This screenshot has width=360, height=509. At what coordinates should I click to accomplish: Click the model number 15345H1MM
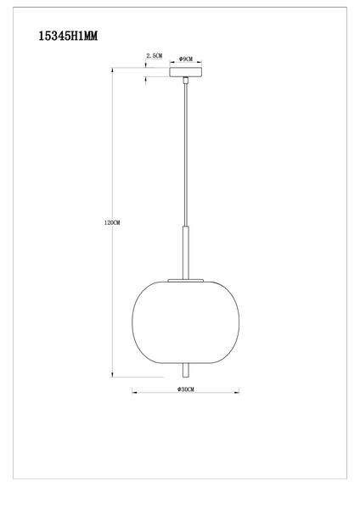click(x=69, y=36)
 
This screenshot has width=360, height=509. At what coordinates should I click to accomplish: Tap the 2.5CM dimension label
click(x=154, y=56)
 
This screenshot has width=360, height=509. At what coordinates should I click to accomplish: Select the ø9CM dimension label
click(x=186, y=59)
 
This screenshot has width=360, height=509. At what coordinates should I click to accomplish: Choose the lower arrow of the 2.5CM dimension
click(x=149, y=81)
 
